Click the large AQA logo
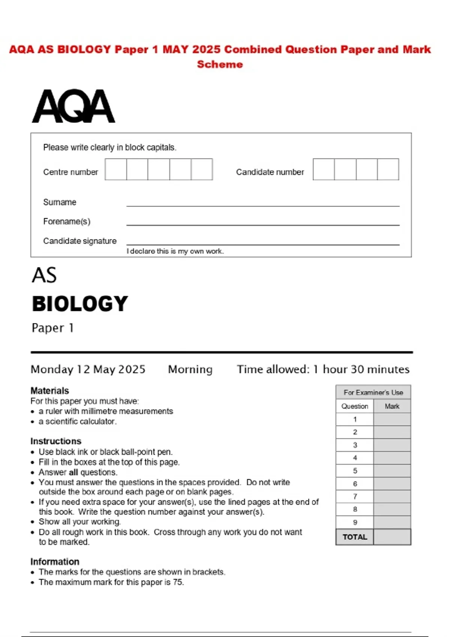tap(73, 106)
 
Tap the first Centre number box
tap(116, 169)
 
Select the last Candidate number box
tap(388, 169)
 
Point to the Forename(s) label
tap(67, 221)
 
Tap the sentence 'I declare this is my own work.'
tap(175, 251)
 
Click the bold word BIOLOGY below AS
tap(80, 304)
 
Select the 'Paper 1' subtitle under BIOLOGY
tap(52, 328)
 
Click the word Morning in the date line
tap(190, 369)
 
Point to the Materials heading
tap(50, 390)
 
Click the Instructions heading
tap(56, 441)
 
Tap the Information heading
tap(55, 562)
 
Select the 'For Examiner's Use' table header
tap(373, 392)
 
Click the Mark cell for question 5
tap(392, 471)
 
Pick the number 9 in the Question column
tap(355, 522)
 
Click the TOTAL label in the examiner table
tap(355, 537)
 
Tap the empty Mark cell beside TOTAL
tap(392, 537)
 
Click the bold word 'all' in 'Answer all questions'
tap(73, 472)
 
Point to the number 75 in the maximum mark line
tap(178, 582)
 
